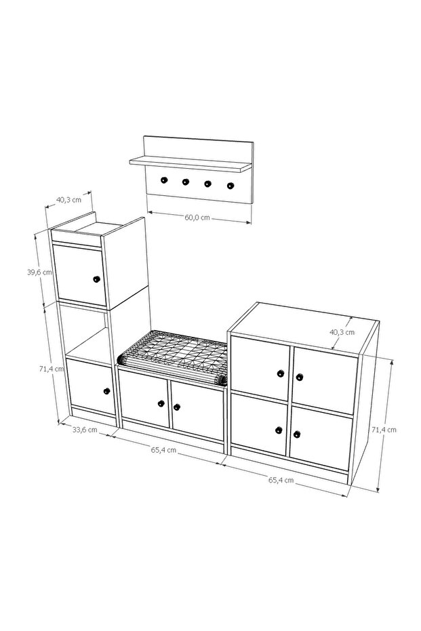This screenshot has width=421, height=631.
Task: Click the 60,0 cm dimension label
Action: pos(197,218)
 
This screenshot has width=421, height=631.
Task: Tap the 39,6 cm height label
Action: pos(39,272)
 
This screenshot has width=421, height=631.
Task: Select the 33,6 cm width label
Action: pos(85,430)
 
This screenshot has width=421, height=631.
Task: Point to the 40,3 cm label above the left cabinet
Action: pos(68,199)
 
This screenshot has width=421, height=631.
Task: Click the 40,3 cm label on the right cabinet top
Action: pos(342,332)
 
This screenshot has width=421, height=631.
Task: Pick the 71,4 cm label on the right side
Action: pos(384,430)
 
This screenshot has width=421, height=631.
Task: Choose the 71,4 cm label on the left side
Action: pos(52,368)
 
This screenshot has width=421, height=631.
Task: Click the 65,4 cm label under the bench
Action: pos(163,449)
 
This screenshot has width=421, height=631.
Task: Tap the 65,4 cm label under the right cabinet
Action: pos(281,480)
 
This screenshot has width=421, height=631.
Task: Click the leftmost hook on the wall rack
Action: pos(164,180)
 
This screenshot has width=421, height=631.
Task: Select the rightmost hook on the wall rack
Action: pos(230,186)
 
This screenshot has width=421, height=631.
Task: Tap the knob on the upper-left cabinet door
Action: pos(96,279)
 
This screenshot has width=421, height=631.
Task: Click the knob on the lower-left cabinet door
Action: pos(106,391)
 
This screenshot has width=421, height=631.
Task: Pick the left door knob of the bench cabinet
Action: pos(161,403)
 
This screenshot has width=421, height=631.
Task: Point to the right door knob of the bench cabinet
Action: pos(177,407)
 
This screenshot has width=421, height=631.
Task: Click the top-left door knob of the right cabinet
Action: pos(281,373)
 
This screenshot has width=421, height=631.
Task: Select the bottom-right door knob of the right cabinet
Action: pos(297,434)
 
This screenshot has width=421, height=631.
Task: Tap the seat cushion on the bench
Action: pos(173,357)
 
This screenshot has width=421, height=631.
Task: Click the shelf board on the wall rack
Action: pos(191,163)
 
